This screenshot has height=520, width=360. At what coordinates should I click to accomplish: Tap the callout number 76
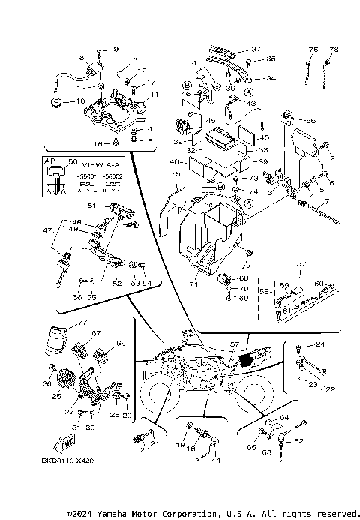(x=313, y=50)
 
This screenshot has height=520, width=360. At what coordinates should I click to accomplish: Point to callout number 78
(x=334, y=50)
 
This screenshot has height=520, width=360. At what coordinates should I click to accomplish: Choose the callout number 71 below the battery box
(x=194, y=286)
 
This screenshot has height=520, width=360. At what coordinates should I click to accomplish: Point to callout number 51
(x=93, y=205)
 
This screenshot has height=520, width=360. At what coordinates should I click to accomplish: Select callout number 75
(x=176, y=175)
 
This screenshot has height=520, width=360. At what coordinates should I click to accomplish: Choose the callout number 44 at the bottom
(x=215, y=460)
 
